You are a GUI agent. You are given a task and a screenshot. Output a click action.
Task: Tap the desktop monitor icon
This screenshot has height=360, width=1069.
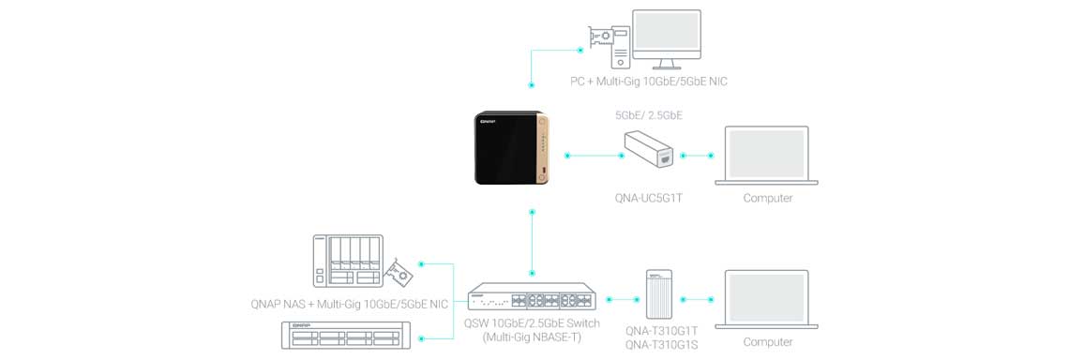point(666,39)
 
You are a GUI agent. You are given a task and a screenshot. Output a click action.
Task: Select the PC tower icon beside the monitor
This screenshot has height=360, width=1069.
point(620,48)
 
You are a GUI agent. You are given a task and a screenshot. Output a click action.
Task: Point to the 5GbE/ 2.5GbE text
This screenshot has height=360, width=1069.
point(648,116)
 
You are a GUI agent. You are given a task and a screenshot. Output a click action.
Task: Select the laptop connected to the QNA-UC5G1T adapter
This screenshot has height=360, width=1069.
point(766,156)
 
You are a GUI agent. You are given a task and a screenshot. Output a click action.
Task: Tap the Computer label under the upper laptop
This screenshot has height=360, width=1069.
point(768,199)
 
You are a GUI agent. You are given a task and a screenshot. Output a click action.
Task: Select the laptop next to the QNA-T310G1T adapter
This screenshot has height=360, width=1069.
point(766,300)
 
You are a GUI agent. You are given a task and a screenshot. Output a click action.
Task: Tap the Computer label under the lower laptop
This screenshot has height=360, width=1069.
point(768,341)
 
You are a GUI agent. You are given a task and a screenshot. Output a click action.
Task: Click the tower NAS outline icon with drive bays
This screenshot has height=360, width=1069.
point(347,261)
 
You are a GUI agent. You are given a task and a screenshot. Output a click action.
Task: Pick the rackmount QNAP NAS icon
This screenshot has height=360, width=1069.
point(348,336)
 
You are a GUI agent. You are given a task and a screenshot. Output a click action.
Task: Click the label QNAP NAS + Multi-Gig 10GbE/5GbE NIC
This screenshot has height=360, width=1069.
point(350,304)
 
